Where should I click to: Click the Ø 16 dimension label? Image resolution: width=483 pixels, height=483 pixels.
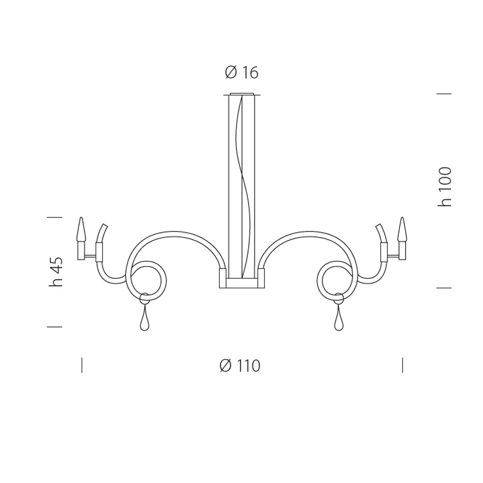(242, 73)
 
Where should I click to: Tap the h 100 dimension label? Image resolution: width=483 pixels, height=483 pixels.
(445, 187)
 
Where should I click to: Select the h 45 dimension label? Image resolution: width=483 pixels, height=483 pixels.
(56, 271)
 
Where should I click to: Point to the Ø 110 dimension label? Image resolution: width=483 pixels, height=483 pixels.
(240, 366)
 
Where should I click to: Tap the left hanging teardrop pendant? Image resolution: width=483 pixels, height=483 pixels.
(144, 319)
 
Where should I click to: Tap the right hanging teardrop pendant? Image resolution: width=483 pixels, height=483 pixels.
(339, 319)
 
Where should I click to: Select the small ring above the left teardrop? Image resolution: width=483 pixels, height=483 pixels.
(144, 298)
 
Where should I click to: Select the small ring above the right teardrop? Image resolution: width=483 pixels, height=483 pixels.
(339, 298)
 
